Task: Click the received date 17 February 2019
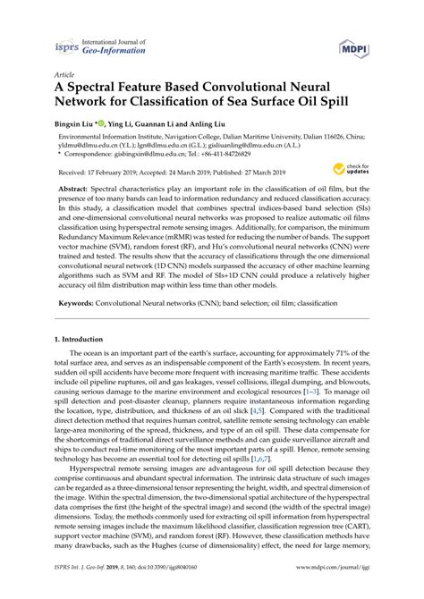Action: coord(127,171)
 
